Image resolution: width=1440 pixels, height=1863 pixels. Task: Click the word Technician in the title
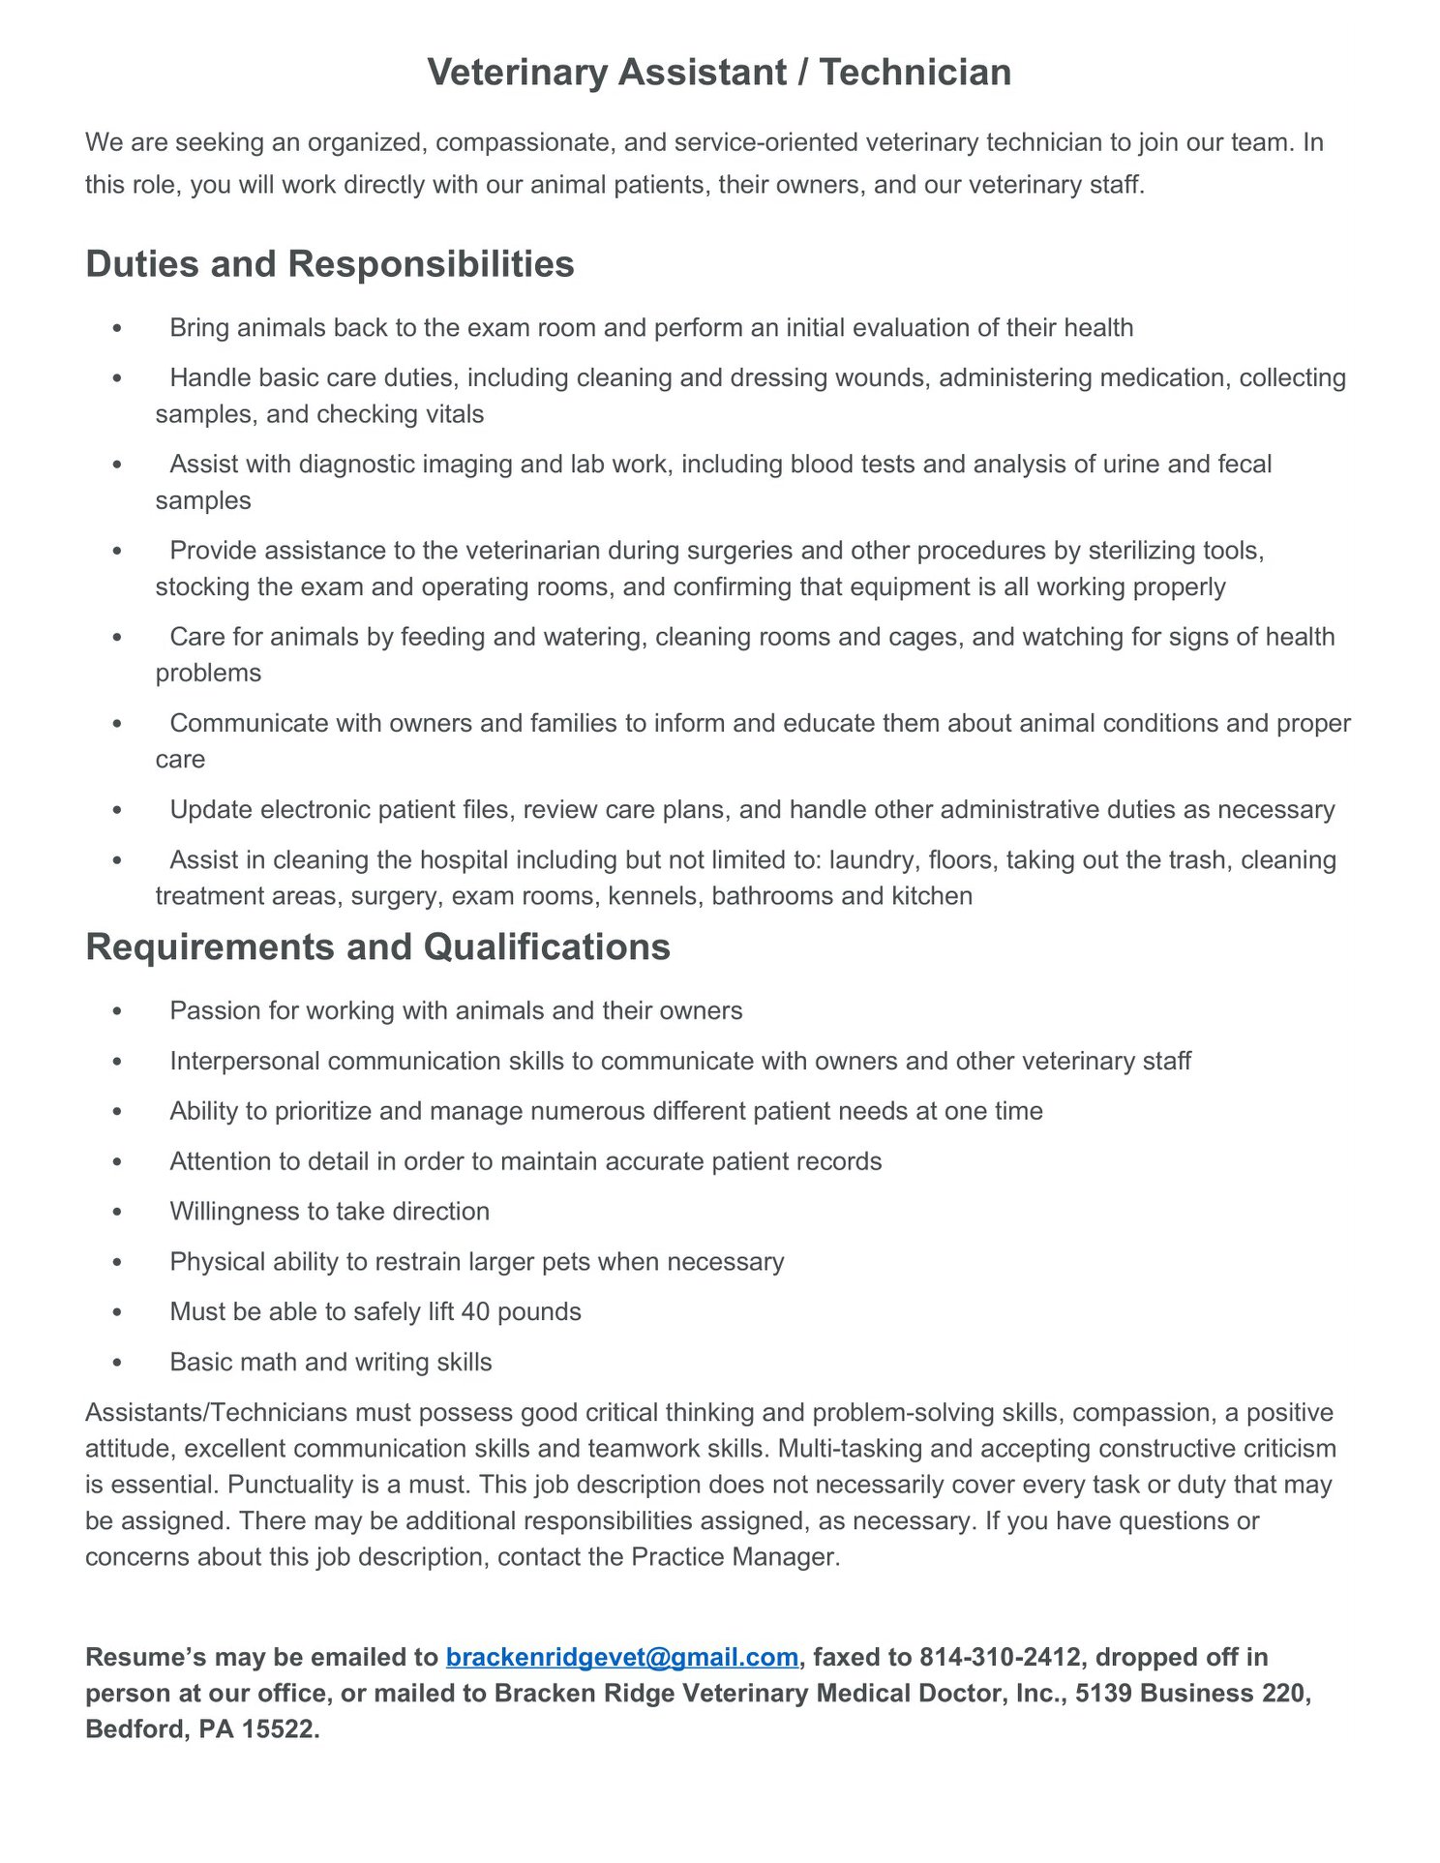(x=915, y=73)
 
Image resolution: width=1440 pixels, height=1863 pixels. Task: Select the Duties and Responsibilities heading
(x=330, y=264)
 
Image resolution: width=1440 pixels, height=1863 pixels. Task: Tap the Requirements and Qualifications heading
(x=377, y=947)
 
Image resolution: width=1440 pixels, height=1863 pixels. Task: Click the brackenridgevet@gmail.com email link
(x=621, y=1657)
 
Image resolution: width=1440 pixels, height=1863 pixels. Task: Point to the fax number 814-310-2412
(x=1000, y=1657)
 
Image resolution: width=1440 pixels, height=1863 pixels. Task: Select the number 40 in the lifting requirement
(x=475, y=1311)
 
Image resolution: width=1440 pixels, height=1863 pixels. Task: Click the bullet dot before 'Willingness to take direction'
(x=117, y=1212)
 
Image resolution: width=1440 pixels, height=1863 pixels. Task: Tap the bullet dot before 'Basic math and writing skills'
(x=117, y=1363)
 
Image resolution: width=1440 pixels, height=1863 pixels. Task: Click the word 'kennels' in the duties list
(x=652, y=896)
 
